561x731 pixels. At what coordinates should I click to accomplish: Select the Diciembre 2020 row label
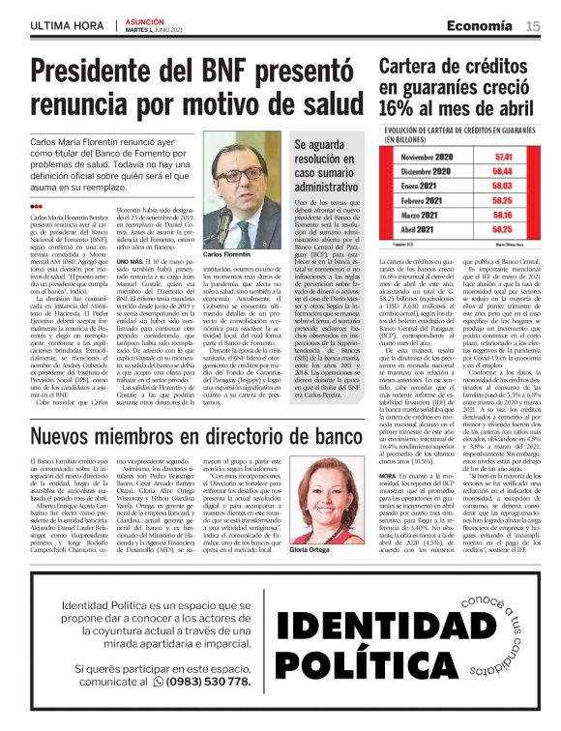[x=426, y=170]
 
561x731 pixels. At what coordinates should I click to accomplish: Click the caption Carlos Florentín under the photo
[x=226, y=254]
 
